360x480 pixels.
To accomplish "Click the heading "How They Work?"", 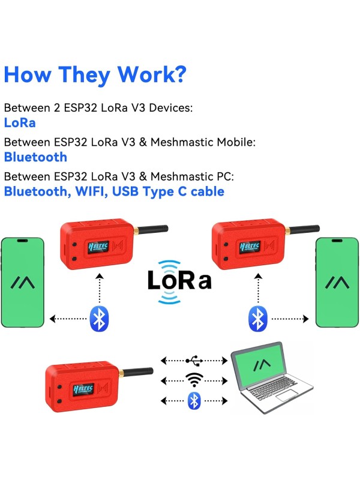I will pyautogui.click(x=95, y=74).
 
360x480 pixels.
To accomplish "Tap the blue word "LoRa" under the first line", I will pyautogui.click(x=20, y=122).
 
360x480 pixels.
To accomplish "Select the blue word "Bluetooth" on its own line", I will pyautogui.click(x=35, y=157).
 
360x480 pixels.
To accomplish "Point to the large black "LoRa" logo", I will pyautogui.click(x=179, y=280).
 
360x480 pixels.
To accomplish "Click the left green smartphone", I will pyautogui.click(x=23, y=282).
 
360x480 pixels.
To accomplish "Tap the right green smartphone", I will pyautogui.click(x=337, y=282).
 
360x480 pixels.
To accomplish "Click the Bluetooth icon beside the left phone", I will pyautogui.click(x=98, y=319).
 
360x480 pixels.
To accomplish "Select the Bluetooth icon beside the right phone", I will pyautogui.click(x=257, y=319).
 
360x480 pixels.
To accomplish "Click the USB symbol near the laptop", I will pyautogui.click(x=194, y=361).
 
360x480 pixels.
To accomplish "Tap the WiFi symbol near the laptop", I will pyautogui.click(x=194, y=380).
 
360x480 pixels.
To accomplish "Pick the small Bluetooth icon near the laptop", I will pyautogui.click(x=194, y=400).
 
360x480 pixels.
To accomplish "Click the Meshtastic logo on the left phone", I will pyautogui.click(x=23, y=281).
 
